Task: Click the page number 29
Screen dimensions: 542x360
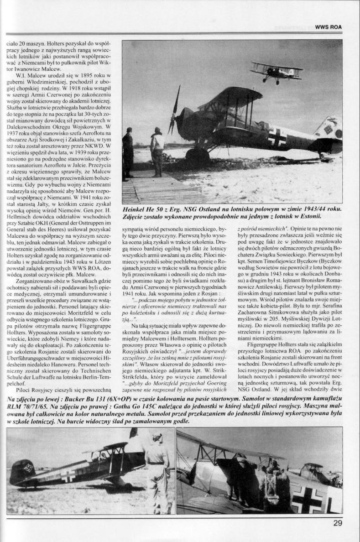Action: click(x=337, y=523)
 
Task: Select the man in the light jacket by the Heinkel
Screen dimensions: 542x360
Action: click(x=157, y=151)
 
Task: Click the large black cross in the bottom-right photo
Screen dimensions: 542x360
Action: click(x=308, y=499)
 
